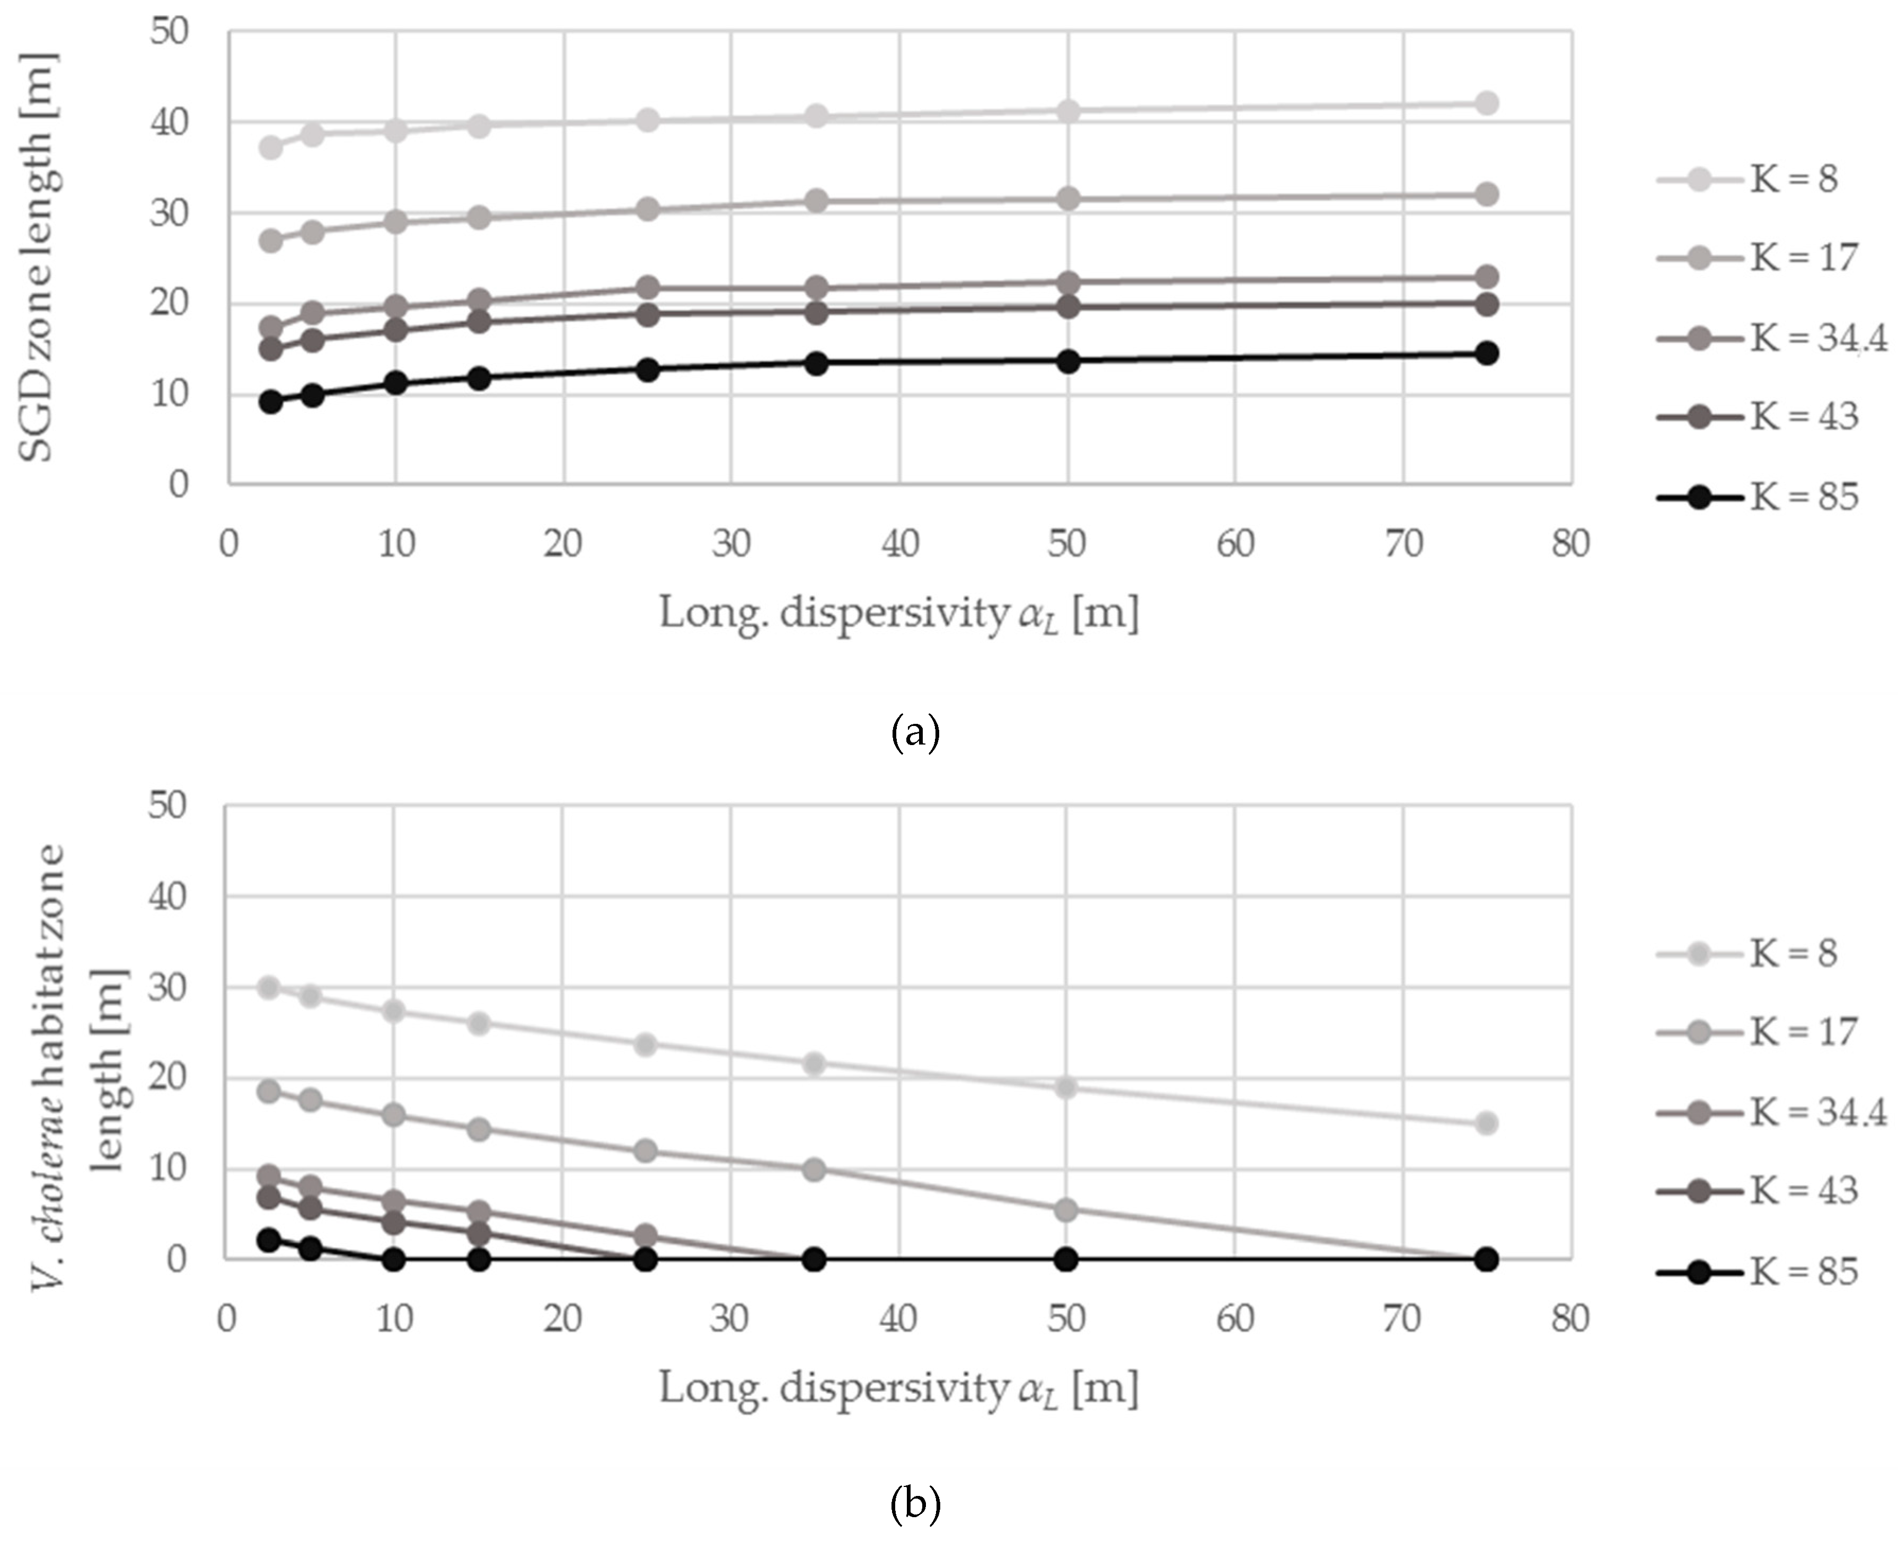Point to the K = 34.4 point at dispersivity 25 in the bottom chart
coord(646,1236)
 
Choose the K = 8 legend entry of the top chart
coord(1747,179)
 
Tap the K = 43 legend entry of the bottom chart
coord(1758,1190)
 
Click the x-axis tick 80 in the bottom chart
coord(1569,1319)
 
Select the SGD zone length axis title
coord(37,258)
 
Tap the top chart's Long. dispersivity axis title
coord(898,614)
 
